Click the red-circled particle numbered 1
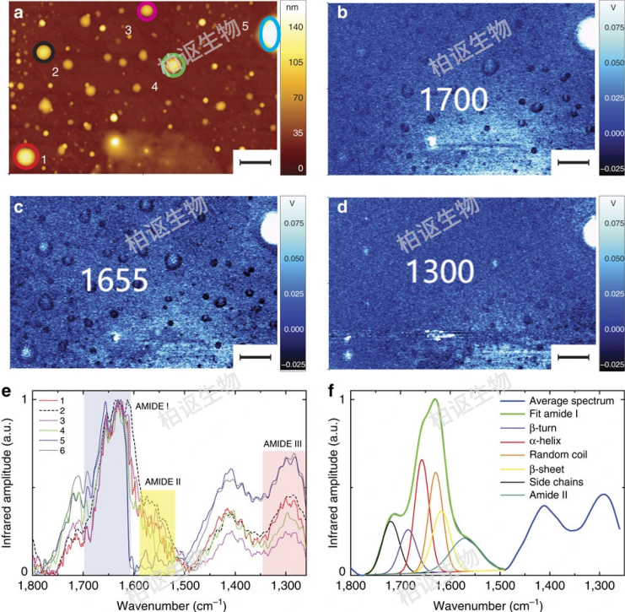[25, 157]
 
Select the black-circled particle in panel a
[43, 53]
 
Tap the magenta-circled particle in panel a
[147, 11]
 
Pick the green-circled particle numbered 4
[172, 65]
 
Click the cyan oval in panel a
[270, 34]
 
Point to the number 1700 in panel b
[454, 100]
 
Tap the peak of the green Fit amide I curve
[435, 399]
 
